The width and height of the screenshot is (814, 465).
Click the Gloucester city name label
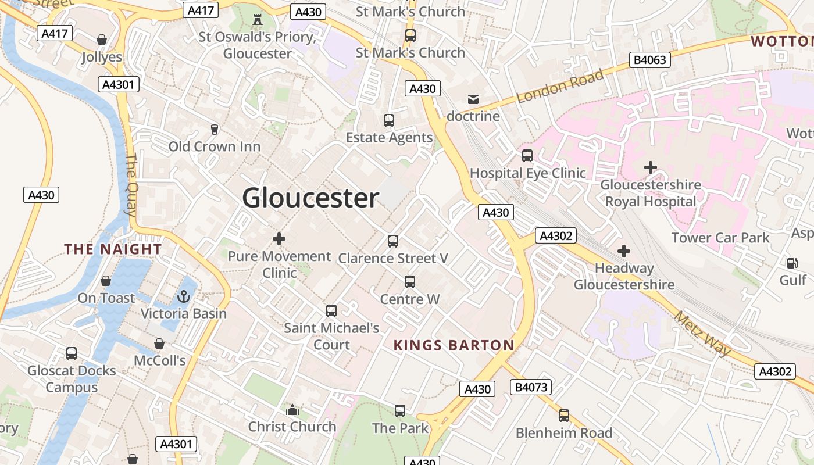(310, 198)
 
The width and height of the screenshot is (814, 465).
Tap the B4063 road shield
(650, 59)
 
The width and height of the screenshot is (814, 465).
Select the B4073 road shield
(531, 387)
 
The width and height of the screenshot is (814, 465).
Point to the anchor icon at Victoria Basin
(184, 297)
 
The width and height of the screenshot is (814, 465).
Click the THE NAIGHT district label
(113, 249)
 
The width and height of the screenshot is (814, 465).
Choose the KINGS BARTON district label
(454, 345)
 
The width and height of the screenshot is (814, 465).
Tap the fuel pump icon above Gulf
(792, 263)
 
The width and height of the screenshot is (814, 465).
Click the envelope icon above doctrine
(473, 99)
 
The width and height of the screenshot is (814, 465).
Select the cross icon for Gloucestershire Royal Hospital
(651, 168)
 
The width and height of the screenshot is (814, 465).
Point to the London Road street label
(560, 87)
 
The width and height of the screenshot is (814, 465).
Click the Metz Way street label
(702, 334)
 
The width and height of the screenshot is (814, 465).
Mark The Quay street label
(131, 185)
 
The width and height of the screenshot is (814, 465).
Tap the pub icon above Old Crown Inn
(215, 129)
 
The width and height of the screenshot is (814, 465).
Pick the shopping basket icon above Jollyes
(102, 40)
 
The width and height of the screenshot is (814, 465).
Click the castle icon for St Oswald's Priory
(257, 20)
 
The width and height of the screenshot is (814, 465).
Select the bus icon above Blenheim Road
(564, 416)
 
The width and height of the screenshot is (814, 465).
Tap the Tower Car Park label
(720, 238)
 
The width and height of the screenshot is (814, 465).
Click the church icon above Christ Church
(292, 410)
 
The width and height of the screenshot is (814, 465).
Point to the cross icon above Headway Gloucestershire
(624, 251)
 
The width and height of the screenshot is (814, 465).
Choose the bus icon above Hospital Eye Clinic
(527, 156)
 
